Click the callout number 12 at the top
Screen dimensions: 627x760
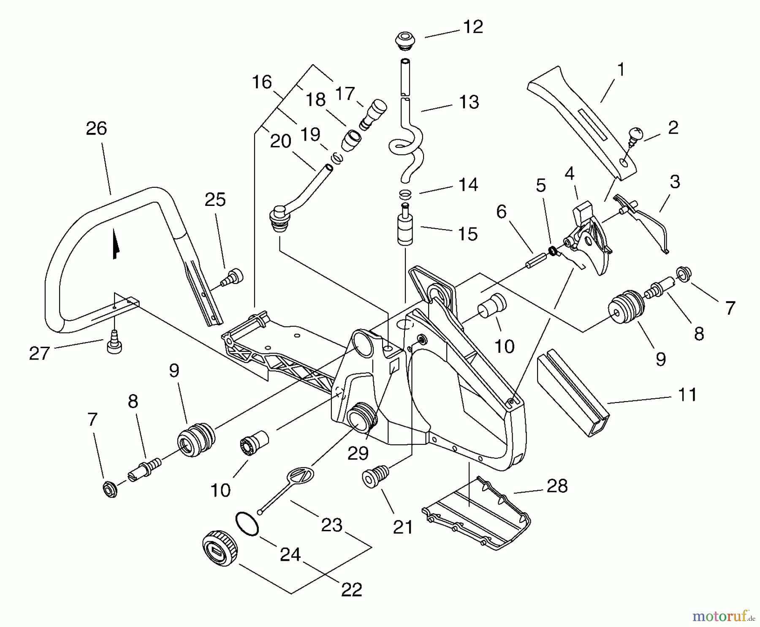point(472,27)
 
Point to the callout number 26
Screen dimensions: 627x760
point(96,128)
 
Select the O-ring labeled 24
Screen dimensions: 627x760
point(247,524)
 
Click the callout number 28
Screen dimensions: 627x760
point(557,486)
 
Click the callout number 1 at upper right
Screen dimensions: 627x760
point(620,69)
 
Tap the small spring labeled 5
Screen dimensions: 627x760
point(551,251)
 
